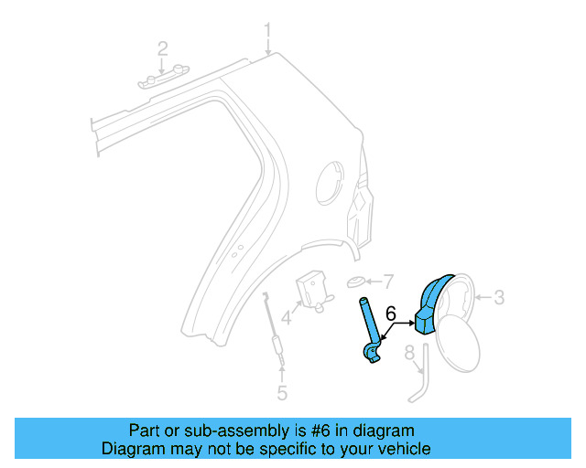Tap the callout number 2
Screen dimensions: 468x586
(162, 48)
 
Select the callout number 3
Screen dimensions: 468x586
(499, 296)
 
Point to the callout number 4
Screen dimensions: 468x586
(287, 319)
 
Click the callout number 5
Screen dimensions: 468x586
(282, 393)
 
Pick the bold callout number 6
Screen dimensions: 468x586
(391, 314)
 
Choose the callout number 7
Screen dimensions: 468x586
(387, 281)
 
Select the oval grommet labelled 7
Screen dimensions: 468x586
(356, 281)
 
